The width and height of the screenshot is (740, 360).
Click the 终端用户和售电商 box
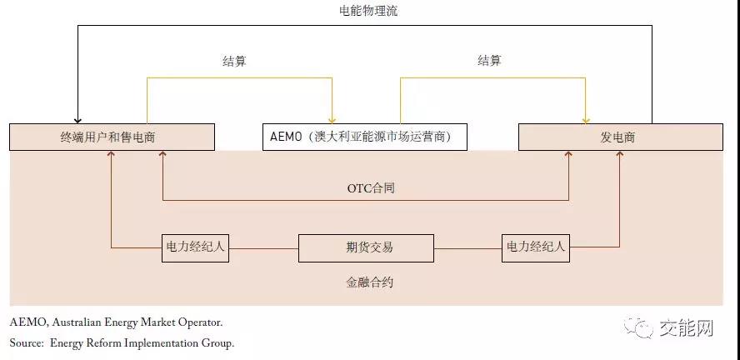pyautogui.click(x=112, y=137)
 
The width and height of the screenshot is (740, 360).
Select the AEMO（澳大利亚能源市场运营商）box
pyautogui.click(x=364, y=137)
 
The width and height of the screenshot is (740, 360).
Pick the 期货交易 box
pyautogui.click(x=366, y=247)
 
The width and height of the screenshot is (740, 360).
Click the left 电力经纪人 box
pyautogui.click(x=194, y=247)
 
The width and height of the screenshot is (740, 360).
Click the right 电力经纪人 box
pyautogui.click(x=535, y=247)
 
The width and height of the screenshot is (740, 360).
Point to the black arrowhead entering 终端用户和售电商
pyautogui.click(x=77, y=119)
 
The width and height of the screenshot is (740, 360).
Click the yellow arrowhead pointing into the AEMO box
pyautogui.click(x=332, y=119)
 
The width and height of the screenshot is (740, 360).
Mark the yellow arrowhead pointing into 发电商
pyautogui.click(x=587, y=119)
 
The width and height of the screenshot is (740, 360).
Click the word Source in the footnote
pyautogui.click(x=27, y=342)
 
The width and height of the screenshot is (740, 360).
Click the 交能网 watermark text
pyautogui.click(x=685, y=329)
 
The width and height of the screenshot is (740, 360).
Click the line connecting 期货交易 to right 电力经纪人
pyautogui.click(x=468, y=247)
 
